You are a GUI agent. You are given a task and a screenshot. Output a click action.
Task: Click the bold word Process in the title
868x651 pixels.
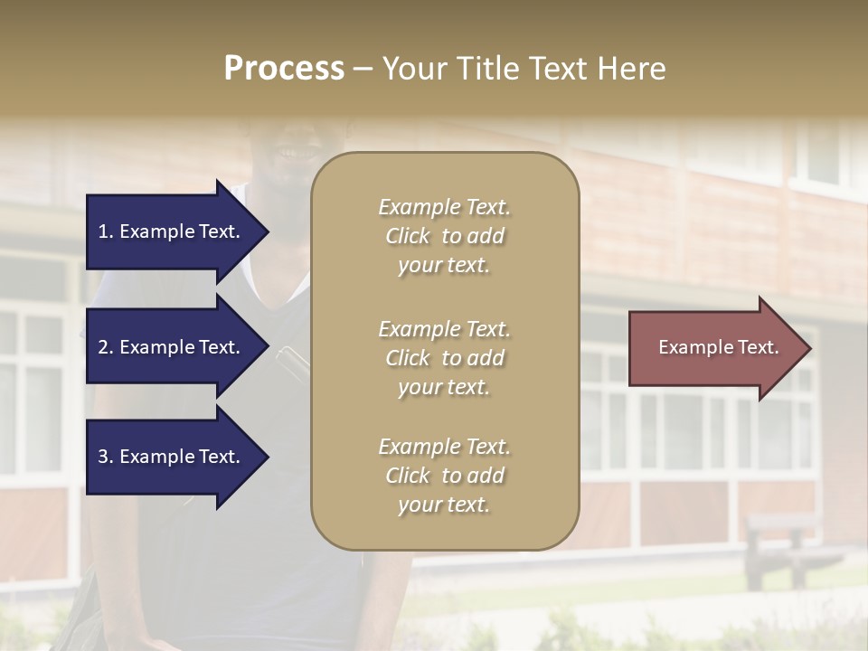coord(284,69)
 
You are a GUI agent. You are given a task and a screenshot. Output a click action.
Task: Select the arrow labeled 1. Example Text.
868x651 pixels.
coord(172,231)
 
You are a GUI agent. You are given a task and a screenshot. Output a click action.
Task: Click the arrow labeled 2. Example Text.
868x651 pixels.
coord(172,347)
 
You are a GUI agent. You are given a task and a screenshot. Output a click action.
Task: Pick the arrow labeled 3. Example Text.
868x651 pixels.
coord(172,458)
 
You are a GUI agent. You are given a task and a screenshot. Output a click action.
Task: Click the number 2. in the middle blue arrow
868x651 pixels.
coord(105,347)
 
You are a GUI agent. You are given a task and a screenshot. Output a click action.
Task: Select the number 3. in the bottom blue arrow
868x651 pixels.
coord(105,458)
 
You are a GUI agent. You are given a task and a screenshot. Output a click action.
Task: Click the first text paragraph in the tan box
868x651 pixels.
coord(444,236)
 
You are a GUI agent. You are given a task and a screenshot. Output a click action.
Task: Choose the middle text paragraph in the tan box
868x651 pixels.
coord(444,357)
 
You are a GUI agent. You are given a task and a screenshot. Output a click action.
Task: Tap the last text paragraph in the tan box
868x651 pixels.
coord(444,476)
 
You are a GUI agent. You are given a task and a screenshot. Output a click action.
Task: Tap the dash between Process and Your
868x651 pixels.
coord(363,69)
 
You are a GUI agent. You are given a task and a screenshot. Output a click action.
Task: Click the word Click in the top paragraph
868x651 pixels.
coord(407,237)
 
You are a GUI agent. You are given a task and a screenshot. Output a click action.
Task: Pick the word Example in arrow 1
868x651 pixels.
coord(156,231)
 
